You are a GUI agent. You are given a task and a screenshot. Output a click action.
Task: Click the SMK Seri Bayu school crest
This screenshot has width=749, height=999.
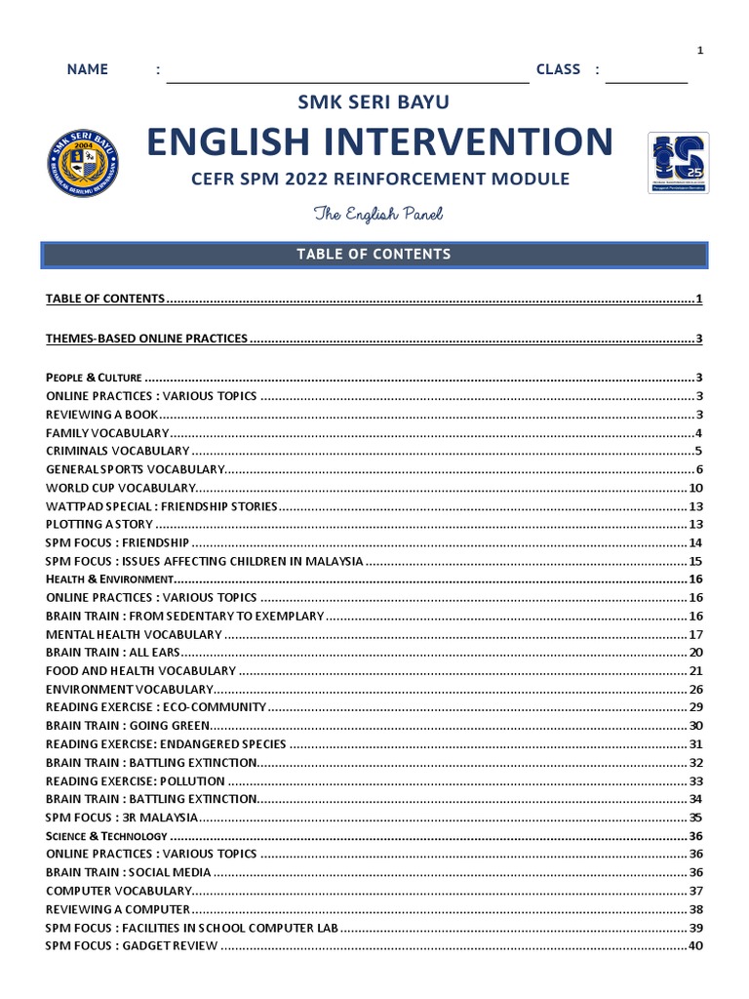pos(81,163)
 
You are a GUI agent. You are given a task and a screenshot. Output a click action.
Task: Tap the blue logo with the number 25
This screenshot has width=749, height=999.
pos(678,163)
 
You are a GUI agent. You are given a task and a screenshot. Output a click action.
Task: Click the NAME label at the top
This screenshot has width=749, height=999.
pos(87,69)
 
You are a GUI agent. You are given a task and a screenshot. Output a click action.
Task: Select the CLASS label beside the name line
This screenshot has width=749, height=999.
pos(558,69)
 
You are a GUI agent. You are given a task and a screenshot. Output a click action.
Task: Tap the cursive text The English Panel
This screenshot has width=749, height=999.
pos(371,214)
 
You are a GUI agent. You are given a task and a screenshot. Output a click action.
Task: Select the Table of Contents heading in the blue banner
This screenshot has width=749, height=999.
pos(374,254)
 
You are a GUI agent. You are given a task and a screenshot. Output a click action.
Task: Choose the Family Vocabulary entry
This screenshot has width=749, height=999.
pos(107,432)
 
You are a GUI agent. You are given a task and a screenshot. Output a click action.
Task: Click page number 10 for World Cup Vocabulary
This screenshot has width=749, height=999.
pos(695,488)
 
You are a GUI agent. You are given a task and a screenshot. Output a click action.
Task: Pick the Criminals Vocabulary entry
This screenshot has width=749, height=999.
pos(118,451)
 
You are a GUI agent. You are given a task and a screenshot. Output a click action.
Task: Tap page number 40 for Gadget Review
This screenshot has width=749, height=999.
pos(695,946)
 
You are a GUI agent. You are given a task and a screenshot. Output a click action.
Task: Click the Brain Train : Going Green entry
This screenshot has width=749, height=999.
pos(128,726)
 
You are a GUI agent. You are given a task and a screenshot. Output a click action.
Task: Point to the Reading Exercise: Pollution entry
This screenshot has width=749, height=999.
pos(136,781)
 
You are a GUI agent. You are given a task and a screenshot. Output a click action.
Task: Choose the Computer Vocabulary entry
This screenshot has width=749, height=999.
pos(119,891)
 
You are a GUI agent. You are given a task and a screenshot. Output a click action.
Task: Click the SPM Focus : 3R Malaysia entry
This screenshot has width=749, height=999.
pos(122,818)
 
